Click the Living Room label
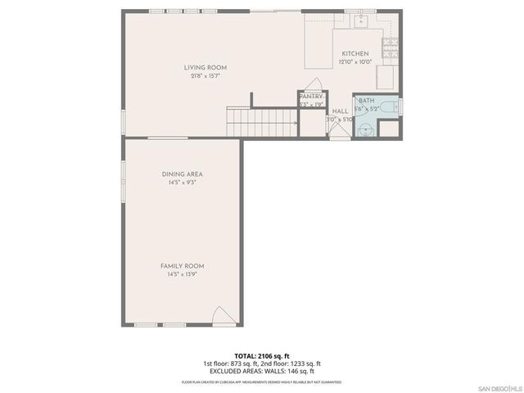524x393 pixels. [x=205, y=67]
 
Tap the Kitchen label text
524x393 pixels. [x=355, y=53]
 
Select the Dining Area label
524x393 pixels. [x=182, y=174]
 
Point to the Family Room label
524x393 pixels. [x=182, y=266]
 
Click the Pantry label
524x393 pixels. [x=311, y=96]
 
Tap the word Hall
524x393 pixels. [x=340, y=111]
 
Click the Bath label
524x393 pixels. [x=366, y=100]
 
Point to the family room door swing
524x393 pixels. [x=221, y=316]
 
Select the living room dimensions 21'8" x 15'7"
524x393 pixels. [x=205, y=75]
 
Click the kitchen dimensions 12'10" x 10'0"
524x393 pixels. [x=355, y=61]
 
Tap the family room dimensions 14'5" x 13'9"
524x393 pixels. [x=182, y=274]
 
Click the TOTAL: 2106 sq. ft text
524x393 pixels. [x=262, y=356]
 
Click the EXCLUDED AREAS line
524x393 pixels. [x=262, y=371]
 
